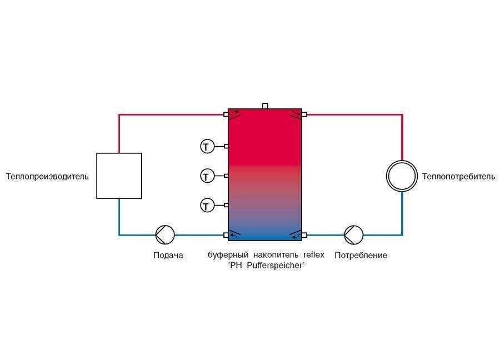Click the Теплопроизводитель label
click(47, 176)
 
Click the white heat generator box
click(119, 176)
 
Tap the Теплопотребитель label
click(458, 176)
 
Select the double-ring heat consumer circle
click(402, 176)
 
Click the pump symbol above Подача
click(165, 235)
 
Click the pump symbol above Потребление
click(354, 235)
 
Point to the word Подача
click(168, 256)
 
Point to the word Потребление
click(361, 256)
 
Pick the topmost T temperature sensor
click(207, 146)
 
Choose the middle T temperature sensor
click(207, 176)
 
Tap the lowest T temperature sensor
click(207, 206)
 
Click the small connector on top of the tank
click(265, 106)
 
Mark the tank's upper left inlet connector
click(226, 114)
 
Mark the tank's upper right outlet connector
click(304, 114)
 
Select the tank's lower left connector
click(226, 236)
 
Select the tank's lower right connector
click(304, 236)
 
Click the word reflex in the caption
click(314, 255)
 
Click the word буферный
click(228, 255)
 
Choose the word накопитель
click(276, 255)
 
